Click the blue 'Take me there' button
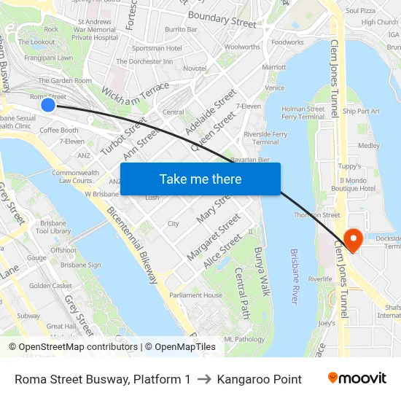pyautogui.click(x=200, y=179)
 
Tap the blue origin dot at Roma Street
pyautogui.click(x=48, y=105)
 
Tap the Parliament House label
pyautogui.click(x=195, y=295)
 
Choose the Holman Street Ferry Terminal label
pyautogui.click(x=303, y=112)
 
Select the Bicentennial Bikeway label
pyautogui.click(x=132, y=245)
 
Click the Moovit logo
pyautogui.click(x=357, y=378)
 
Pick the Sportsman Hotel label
pyautogui.click(x=158, y=48)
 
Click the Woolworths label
pyautogui.click(x=242, y=47)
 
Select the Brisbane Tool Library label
pyautogui.click(x=52, y=227)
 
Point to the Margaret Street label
pyautogui.click(x=213, y=237)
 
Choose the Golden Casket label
pyautogui.click(x=50, y=286)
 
